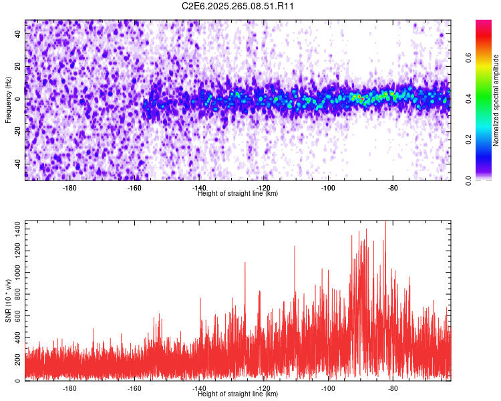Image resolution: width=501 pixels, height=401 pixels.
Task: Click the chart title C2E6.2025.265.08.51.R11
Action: [x=238, y=6]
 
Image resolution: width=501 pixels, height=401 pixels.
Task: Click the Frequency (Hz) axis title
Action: [x=8, y=100]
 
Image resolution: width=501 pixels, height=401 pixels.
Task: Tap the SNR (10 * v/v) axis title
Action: [x=8, y=299]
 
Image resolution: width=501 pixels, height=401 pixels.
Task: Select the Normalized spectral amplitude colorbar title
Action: [x=496, y=100]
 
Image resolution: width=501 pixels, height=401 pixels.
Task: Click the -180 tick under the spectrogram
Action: [x=69, y=188]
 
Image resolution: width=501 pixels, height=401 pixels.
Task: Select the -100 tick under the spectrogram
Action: [x=327, y=188]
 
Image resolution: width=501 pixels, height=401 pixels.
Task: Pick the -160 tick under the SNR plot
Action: [x=134, y=388]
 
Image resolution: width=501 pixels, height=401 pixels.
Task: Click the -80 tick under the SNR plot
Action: [x=392, y=388]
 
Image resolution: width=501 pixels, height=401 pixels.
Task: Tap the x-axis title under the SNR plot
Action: [x=238, y=394]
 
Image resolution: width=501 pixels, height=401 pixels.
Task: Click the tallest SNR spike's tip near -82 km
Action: [x=385, y=223]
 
